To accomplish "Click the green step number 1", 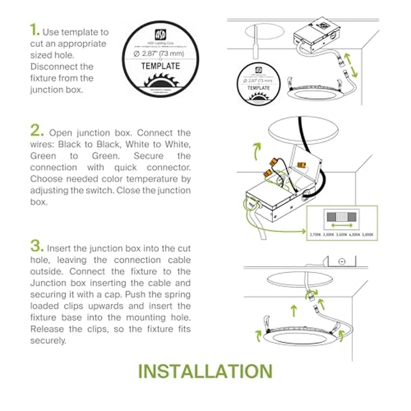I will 35,31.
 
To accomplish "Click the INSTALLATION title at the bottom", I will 205,371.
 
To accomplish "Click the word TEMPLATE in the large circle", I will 160,66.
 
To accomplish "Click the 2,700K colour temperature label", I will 316,234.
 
